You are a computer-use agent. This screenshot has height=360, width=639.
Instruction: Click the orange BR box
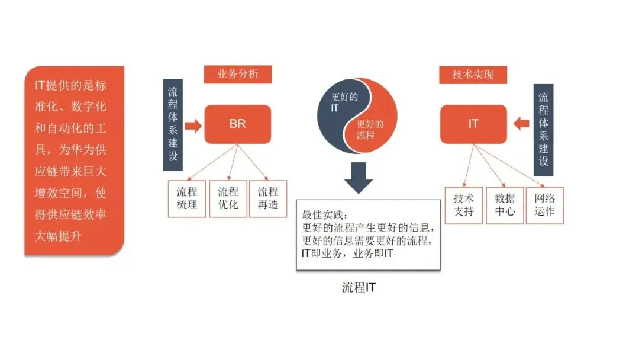point(237,124)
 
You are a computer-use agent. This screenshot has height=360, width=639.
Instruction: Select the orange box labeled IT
point(473,124)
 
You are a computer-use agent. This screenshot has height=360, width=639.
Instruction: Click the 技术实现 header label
point(472,75)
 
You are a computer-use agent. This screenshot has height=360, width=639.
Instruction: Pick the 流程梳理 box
point(187,199)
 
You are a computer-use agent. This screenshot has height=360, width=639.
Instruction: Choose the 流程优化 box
point(227,199)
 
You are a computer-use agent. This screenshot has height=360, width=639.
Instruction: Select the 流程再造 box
point(267,199)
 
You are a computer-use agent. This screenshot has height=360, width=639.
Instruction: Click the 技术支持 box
point(464,205)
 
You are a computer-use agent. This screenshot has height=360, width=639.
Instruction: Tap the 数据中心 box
point(505,205)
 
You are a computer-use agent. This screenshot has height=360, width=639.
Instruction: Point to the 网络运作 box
point(545,205)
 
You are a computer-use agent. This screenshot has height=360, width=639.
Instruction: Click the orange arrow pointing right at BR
point(193,125)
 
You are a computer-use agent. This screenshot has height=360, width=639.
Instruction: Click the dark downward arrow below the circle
point(359,176)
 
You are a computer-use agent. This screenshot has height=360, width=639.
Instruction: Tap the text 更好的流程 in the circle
point(369,130)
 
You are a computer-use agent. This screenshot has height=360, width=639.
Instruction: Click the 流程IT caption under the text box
point(359,288)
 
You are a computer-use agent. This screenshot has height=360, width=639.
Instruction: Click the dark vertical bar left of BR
point(172,124)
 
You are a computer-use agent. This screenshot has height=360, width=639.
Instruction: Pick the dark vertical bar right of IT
point(543,130)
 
